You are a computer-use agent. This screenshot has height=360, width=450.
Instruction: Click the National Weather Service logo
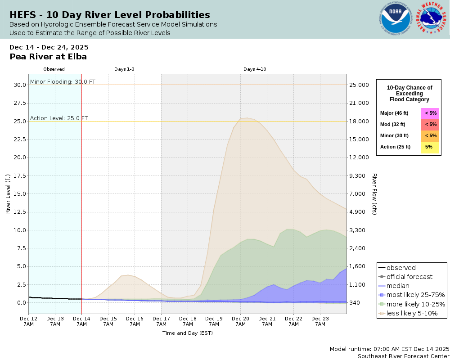432,19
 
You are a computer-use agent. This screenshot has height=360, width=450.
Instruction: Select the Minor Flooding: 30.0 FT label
63,82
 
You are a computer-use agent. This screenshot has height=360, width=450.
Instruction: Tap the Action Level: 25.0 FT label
59,118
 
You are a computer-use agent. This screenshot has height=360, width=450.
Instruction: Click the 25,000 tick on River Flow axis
360,85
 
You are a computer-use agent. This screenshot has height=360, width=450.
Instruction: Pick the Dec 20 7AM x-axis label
240,321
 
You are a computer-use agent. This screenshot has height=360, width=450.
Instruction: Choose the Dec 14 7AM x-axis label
81,321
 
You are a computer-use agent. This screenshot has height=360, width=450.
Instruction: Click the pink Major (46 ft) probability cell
430,113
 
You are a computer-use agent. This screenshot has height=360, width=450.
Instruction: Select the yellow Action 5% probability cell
430,147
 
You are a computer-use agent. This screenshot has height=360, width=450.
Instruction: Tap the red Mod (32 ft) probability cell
430,125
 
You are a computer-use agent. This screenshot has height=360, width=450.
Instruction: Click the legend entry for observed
401,268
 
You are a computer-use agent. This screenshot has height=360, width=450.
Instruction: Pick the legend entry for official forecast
409,277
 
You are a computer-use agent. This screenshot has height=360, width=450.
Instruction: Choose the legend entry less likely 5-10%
412,313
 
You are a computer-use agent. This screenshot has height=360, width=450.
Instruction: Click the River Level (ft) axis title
8,193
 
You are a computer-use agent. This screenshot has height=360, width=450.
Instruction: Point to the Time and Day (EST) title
187,333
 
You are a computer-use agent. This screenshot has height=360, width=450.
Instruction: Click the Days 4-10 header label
255,69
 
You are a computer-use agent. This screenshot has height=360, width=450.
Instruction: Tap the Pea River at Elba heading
48,57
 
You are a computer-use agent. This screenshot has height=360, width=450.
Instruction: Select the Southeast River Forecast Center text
403,356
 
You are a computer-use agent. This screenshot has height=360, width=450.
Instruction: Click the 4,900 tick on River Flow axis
360,212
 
